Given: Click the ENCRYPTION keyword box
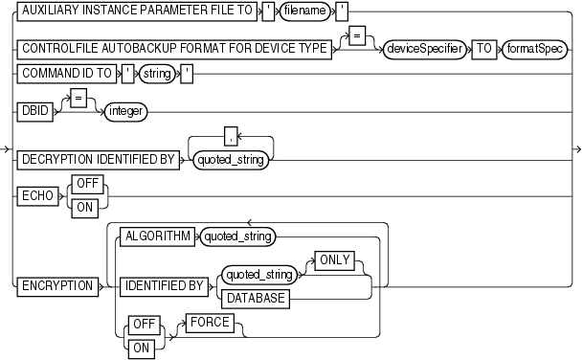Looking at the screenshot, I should click(56, 284).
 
